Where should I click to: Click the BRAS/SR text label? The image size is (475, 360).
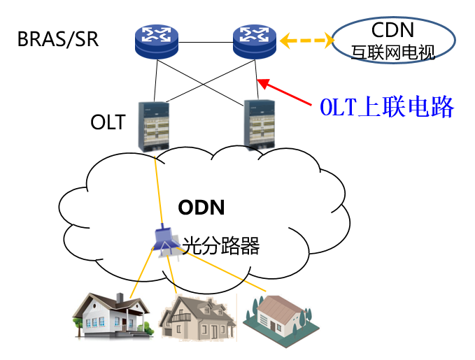tap(58, 38)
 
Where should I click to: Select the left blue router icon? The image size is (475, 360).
tap(157, 41)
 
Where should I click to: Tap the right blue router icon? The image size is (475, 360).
tap(255, 41)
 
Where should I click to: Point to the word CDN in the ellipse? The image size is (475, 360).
tap(392, 30)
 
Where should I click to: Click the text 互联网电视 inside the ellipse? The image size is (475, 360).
tap(392, 51)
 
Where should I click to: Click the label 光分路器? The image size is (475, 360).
tap(221, 245)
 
